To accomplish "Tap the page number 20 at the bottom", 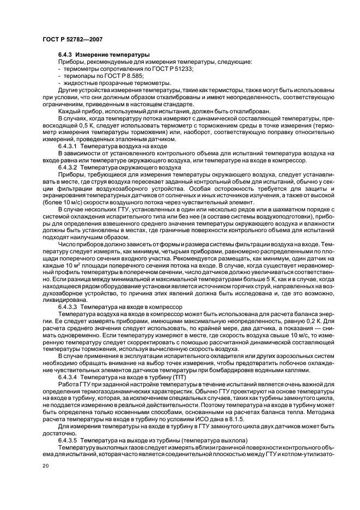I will (x=46, y=466).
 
